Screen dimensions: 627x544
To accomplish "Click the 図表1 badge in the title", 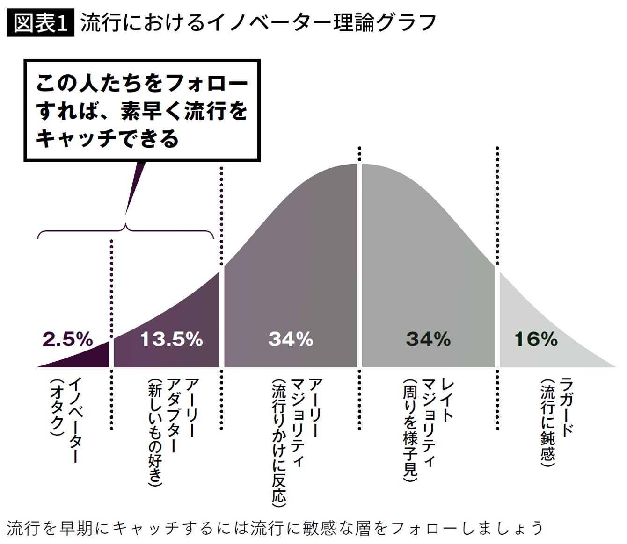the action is click(x=40, y=22).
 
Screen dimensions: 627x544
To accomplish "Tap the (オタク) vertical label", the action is click(x=57, y=408).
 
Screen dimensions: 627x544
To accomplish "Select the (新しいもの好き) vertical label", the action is click(x=155, y=433).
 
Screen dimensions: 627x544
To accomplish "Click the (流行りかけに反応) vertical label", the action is click(x=279, y=443).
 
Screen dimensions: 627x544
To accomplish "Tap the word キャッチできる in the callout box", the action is click(x=108, y=139).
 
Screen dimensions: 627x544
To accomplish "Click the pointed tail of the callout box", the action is click(x=126, y=214).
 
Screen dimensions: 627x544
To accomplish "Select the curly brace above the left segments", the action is click(x=125, y=229).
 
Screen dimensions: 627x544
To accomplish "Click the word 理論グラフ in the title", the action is click(x=384, y=22).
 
